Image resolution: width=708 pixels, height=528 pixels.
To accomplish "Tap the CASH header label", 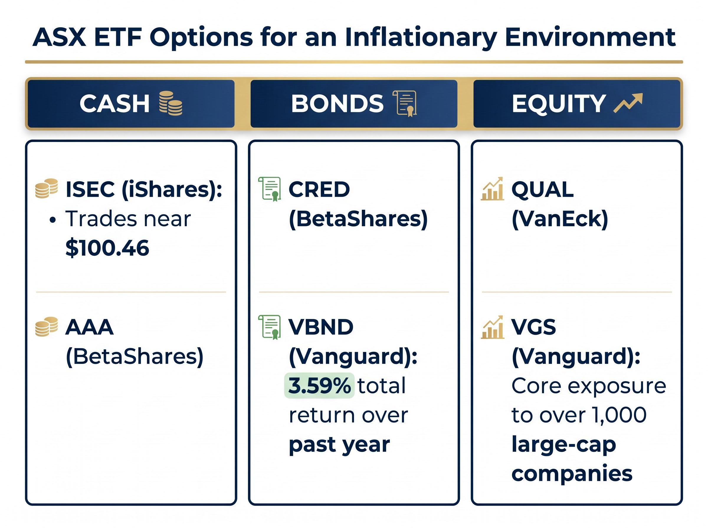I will [x=114, y=104].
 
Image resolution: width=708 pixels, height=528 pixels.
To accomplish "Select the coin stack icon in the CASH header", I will [x=171, y=103].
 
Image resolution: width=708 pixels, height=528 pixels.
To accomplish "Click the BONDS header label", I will [x=337, y=104].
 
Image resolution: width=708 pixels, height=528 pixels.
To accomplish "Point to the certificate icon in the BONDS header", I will [x=405, y=103].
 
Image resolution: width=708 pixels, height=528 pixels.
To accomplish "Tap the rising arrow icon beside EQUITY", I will [x=627, y=103].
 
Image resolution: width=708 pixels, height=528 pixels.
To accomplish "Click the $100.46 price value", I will [x=107, y=248].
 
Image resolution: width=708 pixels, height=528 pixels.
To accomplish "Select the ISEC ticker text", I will [x=90, y=189].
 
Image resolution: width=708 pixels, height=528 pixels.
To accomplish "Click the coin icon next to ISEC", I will [x=47, y=189].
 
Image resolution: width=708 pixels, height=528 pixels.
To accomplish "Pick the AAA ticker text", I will [x=89, y=327].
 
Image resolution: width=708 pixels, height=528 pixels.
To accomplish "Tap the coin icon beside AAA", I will [x=47, y=327].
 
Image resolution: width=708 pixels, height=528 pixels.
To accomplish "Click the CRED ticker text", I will [x=319, y=189].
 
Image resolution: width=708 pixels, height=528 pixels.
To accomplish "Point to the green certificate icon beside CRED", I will [x=269, y=189].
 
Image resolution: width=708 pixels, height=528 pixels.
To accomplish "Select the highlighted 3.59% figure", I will [x=319, y=386].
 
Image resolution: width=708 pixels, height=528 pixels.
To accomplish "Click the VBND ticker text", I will [x=321, y=327].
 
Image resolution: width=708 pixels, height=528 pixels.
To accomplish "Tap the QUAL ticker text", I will [x=542, y=189].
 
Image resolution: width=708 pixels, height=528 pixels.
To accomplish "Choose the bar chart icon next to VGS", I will [x=492, y=327].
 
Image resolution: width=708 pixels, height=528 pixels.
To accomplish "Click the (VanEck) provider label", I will [x=560, y=219].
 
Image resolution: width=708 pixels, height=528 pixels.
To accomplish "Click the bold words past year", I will [x=339, y=445].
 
